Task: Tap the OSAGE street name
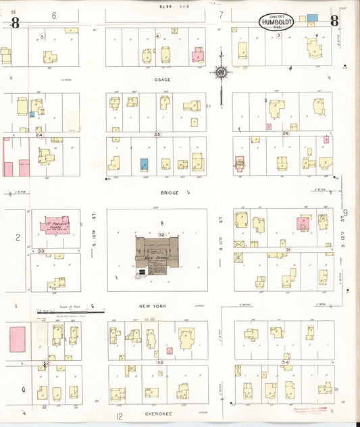click(x=162, y=79)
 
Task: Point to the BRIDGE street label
click(x=168, y=192)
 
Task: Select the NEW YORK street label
click(x=153, y=306)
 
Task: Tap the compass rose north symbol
click(x=222, y=71)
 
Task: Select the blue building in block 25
click(x=144, y=164)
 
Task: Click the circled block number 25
click(x=158, y=134)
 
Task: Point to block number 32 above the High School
click(x=161, y=234)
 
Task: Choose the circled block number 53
click(x=160, y=363)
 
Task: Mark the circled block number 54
click(x=285, y=363)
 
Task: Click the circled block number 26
click(x=286, y=134)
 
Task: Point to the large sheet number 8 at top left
click(x=15, y=22)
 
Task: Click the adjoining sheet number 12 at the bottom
click(x=120, y=417)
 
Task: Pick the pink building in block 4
click(x=198, y=55)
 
